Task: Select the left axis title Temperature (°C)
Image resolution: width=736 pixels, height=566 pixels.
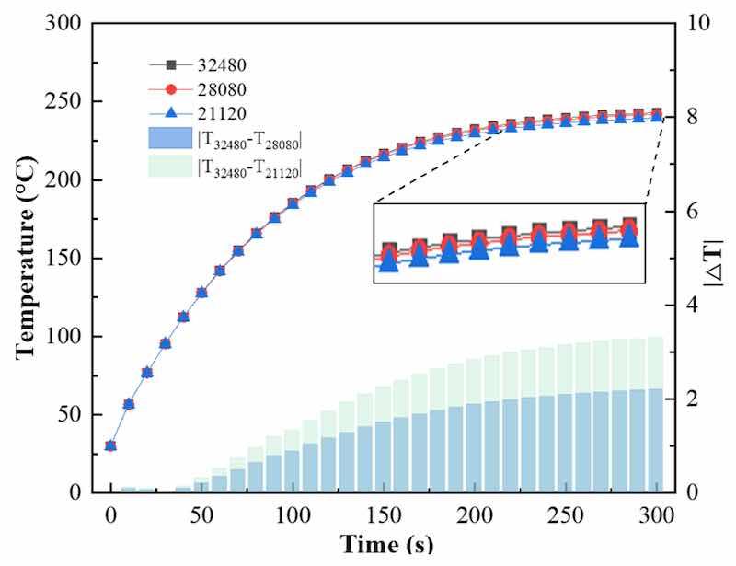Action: (x=29, y=258)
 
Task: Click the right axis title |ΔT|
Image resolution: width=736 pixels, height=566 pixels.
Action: (x=714, y=259)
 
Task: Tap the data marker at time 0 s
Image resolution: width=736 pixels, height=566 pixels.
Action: (x=110, y=445)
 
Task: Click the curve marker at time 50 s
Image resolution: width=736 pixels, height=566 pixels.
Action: (x=201, y=293)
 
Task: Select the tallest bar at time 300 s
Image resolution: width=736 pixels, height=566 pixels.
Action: (x=656, y=415)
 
